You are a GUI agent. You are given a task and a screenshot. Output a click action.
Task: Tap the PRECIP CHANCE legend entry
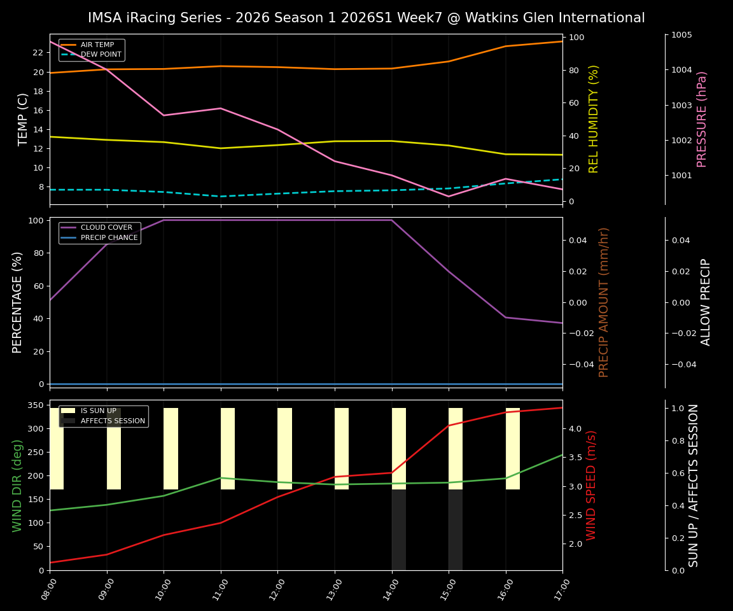109,238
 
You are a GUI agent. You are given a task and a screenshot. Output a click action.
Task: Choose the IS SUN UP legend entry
98,411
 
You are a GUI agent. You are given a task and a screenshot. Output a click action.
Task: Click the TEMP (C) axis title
23,119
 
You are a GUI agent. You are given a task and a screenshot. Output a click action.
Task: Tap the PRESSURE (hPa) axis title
702,119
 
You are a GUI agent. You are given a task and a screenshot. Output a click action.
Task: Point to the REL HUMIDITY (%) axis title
594,119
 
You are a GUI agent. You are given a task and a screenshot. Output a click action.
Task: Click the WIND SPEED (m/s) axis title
592,485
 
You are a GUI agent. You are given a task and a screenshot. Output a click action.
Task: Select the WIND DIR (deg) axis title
18,485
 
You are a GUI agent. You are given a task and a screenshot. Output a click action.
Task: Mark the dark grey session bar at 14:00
399,530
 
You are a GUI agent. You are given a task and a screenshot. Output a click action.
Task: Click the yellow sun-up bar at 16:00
513,449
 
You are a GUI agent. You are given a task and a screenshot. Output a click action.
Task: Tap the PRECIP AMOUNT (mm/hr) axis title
604,302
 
